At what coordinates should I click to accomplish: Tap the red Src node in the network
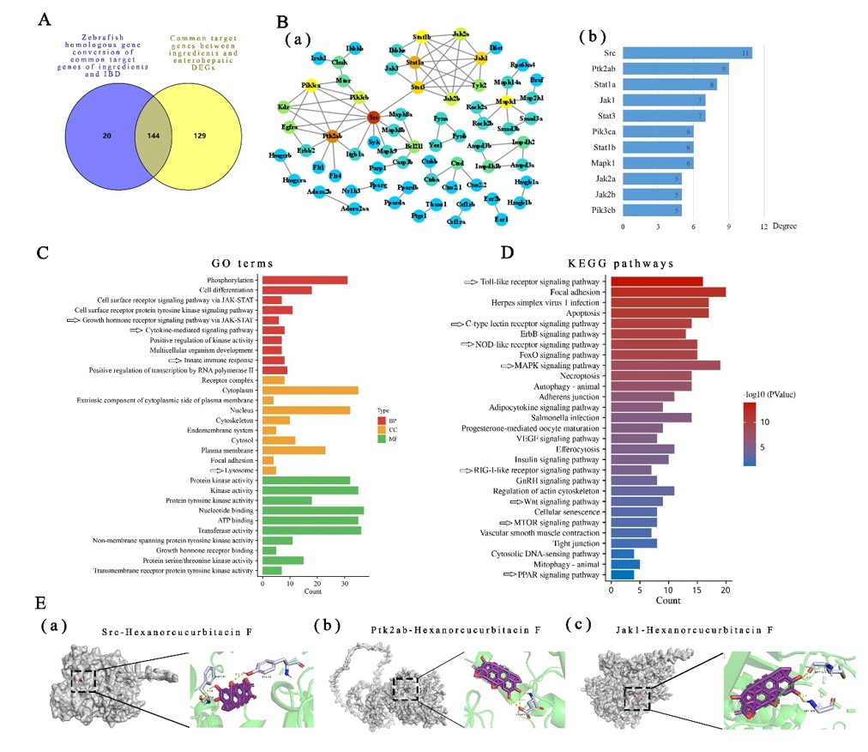(372, 118)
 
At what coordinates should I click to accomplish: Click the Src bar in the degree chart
(687, 53)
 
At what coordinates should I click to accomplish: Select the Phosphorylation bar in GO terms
(304, 280)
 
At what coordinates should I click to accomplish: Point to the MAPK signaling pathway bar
(665, 366)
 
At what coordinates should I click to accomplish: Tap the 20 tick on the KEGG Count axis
(726, 591)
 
